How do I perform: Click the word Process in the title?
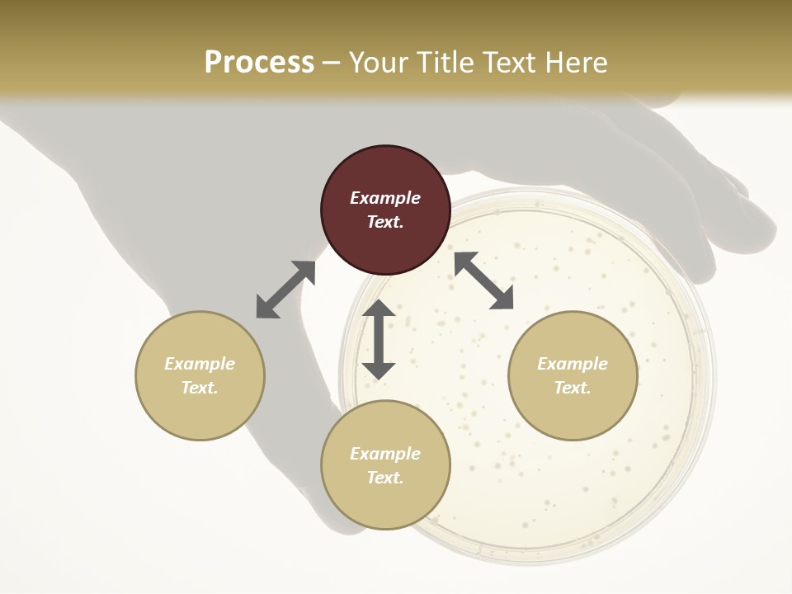(x=259, y=63)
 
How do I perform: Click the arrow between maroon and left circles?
(x=285, y=290)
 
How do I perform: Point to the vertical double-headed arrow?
(x=379, y=340)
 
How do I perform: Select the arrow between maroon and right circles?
(x=483, y=280)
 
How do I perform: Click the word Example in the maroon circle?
(x=385, y=198)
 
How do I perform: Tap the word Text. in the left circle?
(x=200, y=388)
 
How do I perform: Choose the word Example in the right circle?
(x=573, y=364)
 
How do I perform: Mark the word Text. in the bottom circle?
(x=385, y=478)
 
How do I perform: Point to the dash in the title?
(x=332, y=63)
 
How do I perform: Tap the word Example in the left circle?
(x=200, y=364)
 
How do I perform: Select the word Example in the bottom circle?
(x=385, y=454)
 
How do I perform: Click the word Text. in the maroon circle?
(x=385, y=222)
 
